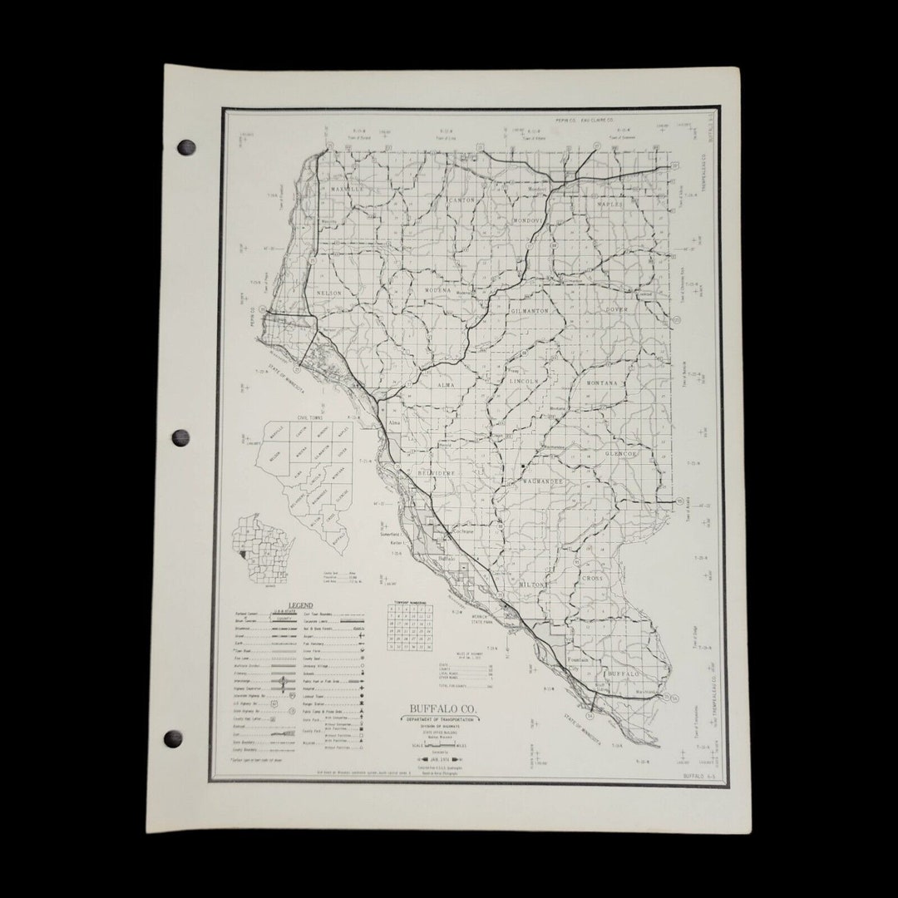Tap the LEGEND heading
click(x=300, y=604)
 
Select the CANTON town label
click(x=461, y=200)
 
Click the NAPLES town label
click(x=609, y=204)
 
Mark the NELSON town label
click(x=329, y=293)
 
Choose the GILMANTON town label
click(x=530, y=309)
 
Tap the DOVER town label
click(x=617, y=309)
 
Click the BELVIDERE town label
click(x=437, y=472)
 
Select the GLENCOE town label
click(x=620, y=454)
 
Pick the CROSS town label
click(x=592, y=578)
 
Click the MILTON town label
click(x=534, y=585)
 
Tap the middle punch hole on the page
click(x=180, y=437)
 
